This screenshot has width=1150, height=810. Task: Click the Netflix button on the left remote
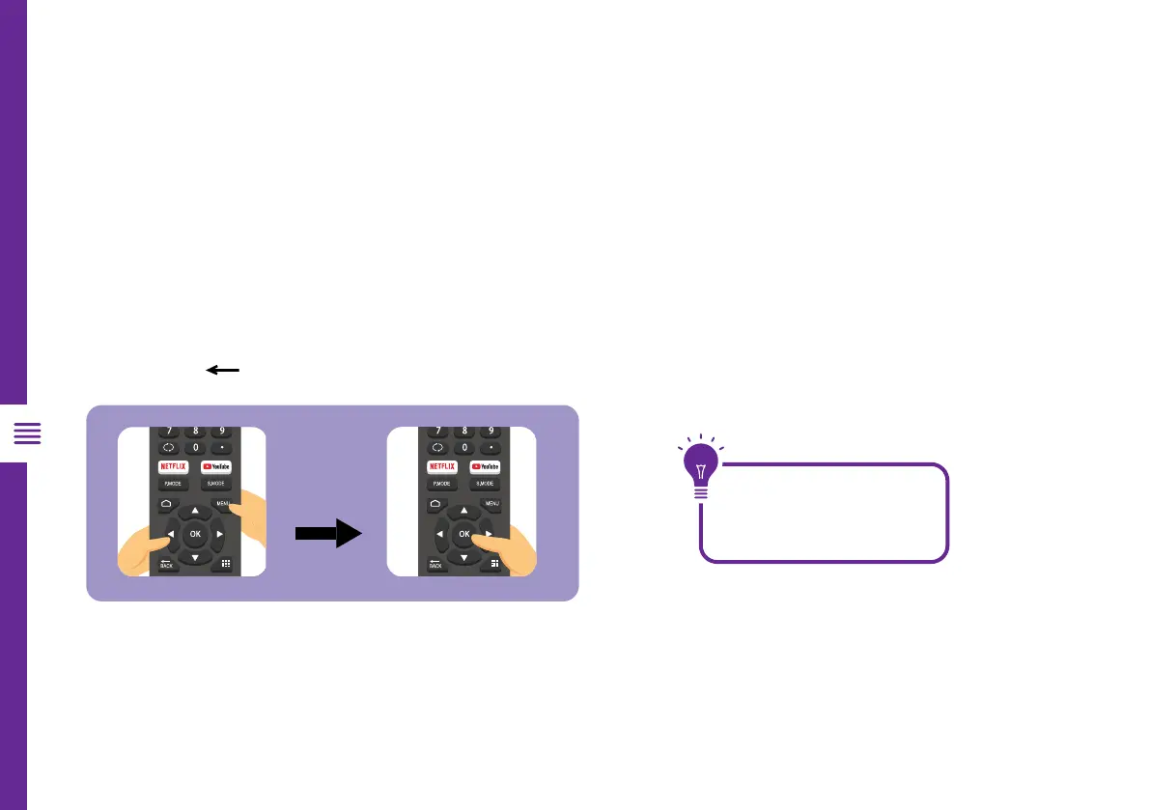pos(174,466)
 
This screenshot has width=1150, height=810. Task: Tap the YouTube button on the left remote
pos(216,466)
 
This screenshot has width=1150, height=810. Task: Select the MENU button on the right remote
pos(491,504)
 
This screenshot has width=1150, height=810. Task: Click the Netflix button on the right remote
pos(442,466)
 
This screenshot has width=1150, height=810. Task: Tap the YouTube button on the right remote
pos(485,466)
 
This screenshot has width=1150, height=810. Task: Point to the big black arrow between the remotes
pos(327,532)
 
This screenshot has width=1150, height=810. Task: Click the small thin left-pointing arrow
pos(221,370)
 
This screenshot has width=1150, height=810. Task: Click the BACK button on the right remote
pos(435,564)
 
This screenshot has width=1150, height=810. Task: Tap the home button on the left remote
pos(166,504)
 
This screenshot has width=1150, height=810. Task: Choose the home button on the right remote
pos(435,504)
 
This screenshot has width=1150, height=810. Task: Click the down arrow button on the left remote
pos(195,558)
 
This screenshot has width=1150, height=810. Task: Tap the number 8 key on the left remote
pos(195,431)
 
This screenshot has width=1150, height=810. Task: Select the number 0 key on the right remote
pos(463,448)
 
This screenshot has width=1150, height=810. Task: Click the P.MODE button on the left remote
pos(174,484)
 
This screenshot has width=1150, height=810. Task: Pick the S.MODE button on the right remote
pos(485,484)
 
